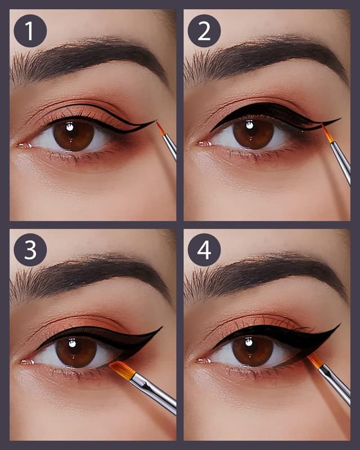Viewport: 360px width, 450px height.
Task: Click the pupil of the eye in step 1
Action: tap(74, 134)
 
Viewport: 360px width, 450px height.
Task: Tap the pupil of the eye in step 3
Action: tap(76, 351)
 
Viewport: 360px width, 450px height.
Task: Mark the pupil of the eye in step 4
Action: tap(253, 350)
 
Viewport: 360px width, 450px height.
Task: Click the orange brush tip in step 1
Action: tap(160, 128)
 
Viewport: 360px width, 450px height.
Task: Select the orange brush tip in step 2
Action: tap(326, 133)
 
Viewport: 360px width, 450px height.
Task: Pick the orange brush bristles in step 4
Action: tap(315, 360)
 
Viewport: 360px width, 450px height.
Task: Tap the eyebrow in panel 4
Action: tap(264, 276)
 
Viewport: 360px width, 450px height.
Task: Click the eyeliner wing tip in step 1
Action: tap(154, 120)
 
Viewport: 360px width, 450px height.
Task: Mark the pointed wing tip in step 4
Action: tap(339, 325)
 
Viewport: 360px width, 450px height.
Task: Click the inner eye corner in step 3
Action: tap(25, 362)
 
